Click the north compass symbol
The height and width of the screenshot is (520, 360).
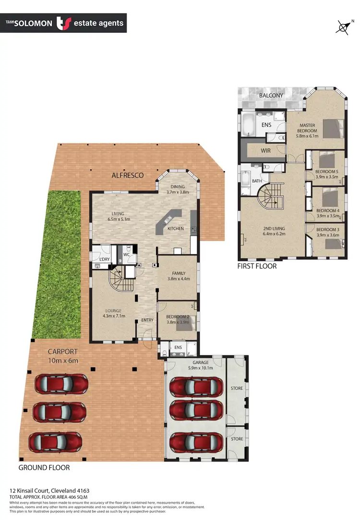click(x=343, y=27)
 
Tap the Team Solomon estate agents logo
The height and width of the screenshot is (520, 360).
click(x=63, y=23)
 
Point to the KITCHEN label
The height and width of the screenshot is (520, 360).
click(x=175, y=229)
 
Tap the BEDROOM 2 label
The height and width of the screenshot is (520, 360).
click(x=176, y=317)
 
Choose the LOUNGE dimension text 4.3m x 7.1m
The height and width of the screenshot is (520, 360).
click(x=114, y=316)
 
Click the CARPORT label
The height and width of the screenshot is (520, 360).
click(x=62, y=351)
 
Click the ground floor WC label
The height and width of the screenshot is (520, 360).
click(x=126, y=254)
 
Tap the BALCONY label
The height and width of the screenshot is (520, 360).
click(x=271, y=96)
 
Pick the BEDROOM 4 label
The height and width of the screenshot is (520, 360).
click(x=328, y=210)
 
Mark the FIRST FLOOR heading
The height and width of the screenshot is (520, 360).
click(x=257, y=266)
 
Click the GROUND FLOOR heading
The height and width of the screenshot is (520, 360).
click(x=44, y=467)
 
